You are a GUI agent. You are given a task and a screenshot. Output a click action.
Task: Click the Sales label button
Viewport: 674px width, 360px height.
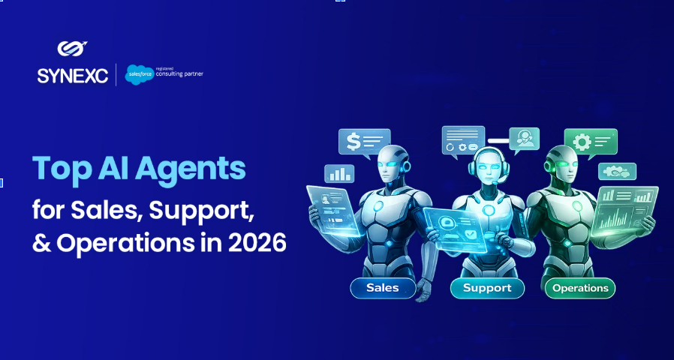point(383,288)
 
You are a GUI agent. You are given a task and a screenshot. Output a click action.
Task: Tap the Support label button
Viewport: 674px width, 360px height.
point(487,288)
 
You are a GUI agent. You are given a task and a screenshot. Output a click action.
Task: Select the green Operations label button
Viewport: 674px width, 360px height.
point(580,288)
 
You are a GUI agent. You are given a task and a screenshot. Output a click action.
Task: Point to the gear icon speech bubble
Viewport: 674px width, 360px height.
point(590,142)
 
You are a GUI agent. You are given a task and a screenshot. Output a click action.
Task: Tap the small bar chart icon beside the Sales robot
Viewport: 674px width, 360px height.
point(339,173)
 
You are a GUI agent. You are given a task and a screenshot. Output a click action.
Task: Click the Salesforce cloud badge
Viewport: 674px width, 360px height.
point(139,74)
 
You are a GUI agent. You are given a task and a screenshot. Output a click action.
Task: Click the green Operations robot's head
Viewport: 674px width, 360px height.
point(561,163)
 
